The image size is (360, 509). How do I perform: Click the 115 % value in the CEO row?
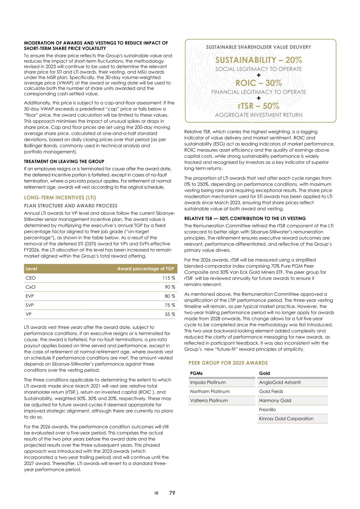pyautogui.click(x=169, y=278)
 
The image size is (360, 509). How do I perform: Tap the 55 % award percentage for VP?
pyautogui.click(x=170, y=314)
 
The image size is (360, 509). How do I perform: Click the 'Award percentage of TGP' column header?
pyautogui.click(x=145, y=269)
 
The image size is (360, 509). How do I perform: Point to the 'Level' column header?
pyautogui.click(x=31, y=269)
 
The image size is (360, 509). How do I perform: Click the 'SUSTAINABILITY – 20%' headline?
pyautogui.click(x=259, y=60)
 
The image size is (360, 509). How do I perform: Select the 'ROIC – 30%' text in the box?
pyautogui.click(x=259, y=83)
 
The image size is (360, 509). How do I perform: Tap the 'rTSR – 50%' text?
pyautogui.click(x=259, y=106)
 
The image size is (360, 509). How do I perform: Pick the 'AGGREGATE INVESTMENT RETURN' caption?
pyautogui.click(x=259, y=115)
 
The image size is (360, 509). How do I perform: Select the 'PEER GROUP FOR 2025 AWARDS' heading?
pyautogui.click(x=228, y=363)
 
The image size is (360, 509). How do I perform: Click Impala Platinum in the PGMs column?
pyautogui.click(x=208, y=383)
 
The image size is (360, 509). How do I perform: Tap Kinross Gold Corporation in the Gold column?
pyautogui.click(x=286, y=419)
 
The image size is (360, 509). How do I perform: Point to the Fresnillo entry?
pyautogui.click(x=267, y=410)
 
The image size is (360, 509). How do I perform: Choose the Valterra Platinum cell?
pyautogui.click(x=209, y=400)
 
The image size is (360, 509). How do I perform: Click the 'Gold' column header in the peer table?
pyautogui.click(x=264, y=373)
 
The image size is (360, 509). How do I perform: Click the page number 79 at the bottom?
pyautogui.click(x=172, y=493)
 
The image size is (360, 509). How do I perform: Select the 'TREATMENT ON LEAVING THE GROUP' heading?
pyautogui.click(x=64, y=162)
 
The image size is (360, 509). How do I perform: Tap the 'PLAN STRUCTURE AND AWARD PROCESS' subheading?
pyautogui.click(x=71, y=206)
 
